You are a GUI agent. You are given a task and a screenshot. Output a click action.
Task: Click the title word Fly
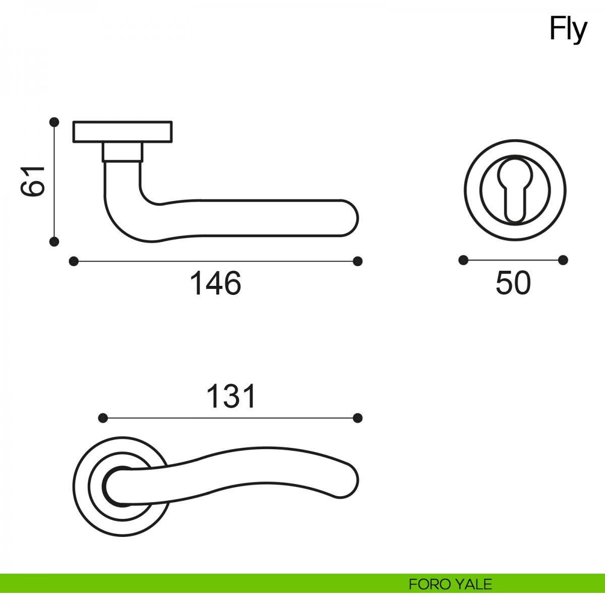click(568, 30)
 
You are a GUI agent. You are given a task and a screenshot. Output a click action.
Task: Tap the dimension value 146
click(215, 283)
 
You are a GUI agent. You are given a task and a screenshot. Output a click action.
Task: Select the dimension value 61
click(33, 181)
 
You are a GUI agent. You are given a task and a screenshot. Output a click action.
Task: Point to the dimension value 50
click(513, 283)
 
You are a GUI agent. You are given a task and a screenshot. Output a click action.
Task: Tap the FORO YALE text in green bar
click(450, 584)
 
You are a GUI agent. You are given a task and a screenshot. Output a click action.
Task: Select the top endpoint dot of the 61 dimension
click(54, 122)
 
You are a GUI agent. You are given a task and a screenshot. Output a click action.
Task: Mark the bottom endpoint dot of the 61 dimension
click(54, 242)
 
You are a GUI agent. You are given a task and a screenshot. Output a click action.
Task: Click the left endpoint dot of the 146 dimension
click(74, 261)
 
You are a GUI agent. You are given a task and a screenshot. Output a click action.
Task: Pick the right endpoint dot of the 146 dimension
click(357, 261)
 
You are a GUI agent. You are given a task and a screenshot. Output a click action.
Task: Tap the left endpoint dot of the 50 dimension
click(463, 260)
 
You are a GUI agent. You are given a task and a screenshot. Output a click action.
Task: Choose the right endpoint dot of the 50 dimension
click(563, 260)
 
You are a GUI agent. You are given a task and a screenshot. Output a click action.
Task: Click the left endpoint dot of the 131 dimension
click(103, 418)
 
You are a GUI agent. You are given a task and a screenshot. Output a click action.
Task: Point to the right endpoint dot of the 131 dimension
click(357, 418)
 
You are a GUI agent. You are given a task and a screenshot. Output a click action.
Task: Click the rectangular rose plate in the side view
click(123, 132)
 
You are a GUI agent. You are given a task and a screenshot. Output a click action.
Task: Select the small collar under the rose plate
click(123, 152)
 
